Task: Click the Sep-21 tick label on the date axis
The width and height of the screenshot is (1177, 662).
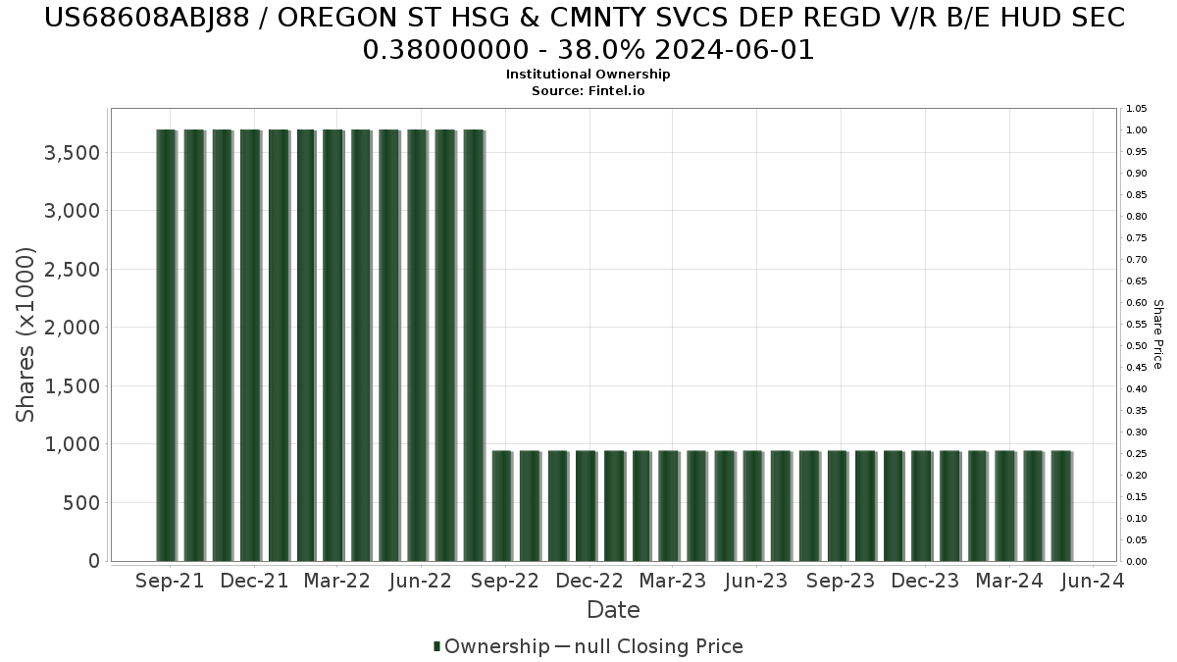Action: coord(171,581)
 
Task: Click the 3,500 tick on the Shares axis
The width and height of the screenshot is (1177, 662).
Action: coord(72,153)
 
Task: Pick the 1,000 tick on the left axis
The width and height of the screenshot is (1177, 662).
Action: coord(72,444)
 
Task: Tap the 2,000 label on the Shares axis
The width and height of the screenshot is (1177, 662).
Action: coord(72,328)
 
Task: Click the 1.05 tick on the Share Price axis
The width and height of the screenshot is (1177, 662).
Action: coord(1136,109)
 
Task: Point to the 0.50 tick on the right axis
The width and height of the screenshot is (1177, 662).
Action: coord(1136,346)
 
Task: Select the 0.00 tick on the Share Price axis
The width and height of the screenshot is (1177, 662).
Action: coord(1136,562)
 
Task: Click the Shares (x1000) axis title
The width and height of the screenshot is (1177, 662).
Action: coord(26,334)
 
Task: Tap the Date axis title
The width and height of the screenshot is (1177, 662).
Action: coord(613,610)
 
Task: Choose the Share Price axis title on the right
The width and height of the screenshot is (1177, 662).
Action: coord(1158,334)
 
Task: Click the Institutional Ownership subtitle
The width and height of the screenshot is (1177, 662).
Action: coord(588,75)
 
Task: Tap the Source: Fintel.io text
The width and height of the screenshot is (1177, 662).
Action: coord(588,90)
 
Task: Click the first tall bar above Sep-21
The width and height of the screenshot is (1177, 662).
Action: coord(166,343)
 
